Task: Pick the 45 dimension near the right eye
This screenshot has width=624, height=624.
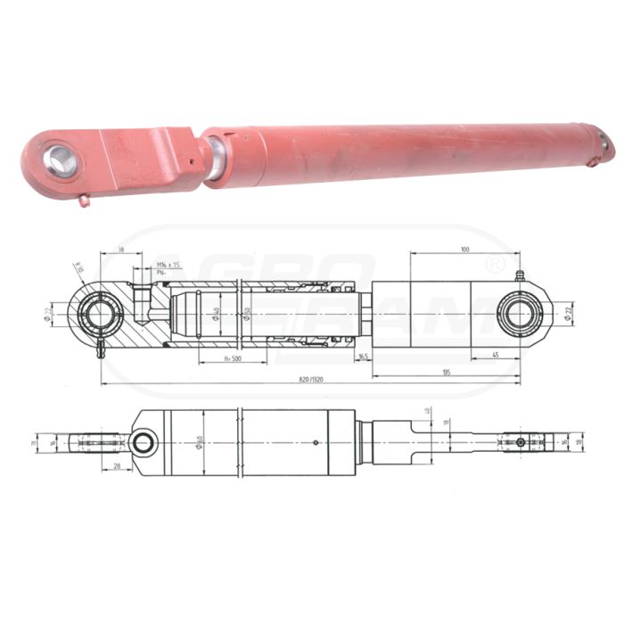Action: click(493, 354)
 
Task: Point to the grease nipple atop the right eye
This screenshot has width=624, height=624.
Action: click(519, 277)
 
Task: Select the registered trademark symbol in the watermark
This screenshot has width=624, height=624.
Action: click(496, 264)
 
